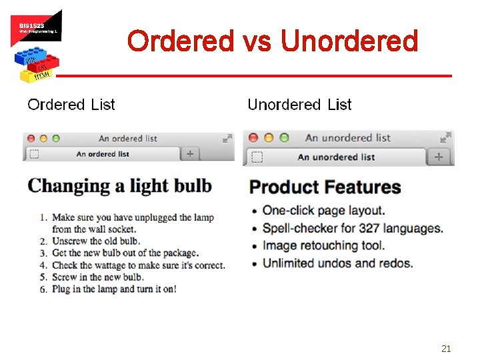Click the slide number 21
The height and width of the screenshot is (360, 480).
(447, 348)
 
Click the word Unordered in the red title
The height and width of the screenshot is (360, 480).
(349, 41)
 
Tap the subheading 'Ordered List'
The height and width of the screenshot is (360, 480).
(71, 105)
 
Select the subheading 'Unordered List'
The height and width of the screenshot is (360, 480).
(299, 105)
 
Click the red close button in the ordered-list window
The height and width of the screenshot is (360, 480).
(31, 139)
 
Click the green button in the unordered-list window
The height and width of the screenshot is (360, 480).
(284, 138)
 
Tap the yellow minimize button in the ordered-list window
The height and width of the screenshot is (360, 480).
(43, 139)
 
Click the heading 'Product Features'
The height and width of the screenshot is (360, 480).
(325, 187)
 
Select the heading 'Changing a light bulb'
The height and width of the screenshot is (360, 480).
(120, 186)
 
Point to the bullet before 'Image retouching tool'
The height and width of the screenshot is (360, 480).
(254, 246)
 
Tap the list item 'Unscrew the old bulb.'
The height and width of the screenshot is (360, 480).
(95, 241)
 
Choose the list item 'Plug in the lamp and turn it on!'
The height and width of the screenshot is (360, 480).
(113, 289)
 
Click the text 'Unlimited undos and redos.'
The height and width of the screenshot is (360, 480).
(337, 263)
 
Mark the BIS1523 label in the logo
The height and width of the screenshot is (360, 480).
(31, 25)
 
